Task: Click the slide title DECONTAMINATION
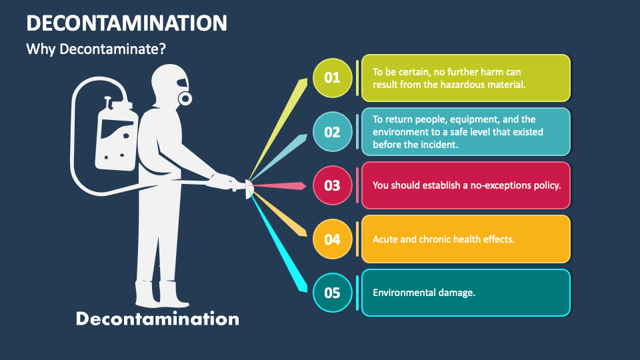coord(127,23)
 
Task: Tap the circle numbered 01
coord(332,77)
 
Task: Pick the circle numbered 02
coord(332,131)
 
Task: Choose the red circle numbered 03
coord(332,185)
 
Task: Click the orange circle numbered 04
coord(332,239)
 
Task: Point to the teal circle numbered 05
coord(332,293)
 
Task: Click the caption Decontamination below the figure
coord(157,319)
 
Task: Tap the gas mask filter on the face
coord(185,99)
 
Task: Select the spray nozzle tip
coord(249,189)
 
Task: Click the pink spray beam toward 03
coord(280,185)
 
